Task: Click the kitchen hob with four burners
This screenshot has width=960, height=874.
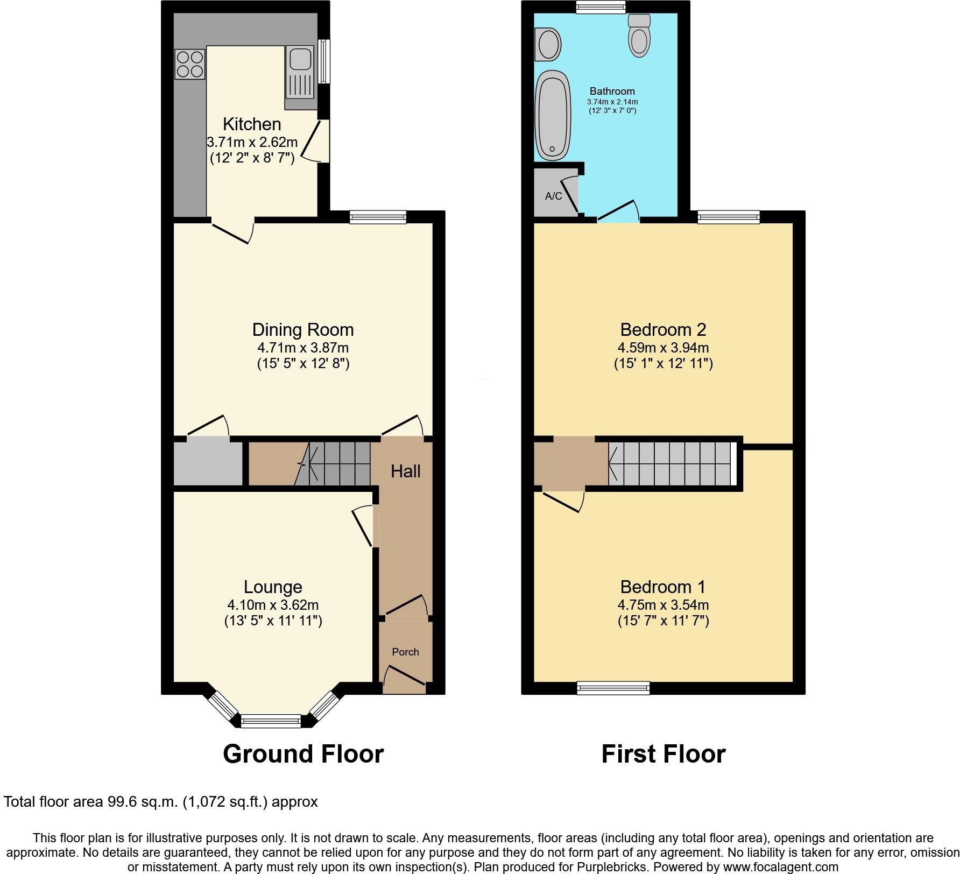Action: click(x=190, y=64)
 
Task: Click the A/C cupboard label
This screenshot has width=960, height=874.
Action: click(x=553, y=196)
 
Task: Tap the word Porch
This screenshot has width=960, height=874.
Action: click(x=405, y=652)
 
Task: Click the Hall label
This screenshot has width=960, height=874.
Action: click(x=405, y=471)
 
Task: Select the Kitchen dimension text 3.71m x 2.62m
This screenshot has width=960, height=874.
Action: click(x=252, y=143)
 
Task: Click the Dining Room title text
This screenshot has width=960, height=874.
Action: click(x=303, y=329)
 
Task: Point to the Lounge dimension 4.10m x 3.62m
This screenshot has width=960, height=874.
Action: click(x=273, y=605)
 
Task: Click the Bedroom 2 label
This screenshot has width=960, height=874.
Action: click(x=663, y=329)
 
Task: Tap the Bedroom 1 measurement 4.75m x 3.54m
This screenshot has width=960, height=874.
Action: click(x=663, y=605)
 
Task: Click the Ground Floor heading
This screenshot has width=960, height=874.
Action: click(x=303, y=754)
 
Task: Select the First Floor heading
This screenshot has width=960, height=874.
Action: click(x=663, y=754)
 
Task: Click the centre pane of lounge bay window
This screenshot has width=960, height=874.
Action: click(x=271, y=721)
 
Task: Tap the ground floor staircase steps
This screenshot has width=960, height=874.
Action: click(x=339, y=464)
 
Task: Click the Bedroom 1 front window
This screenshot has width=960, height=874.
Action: click(x=613, y=687)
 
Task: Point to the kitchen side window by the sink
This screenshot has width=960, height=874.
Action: click(x=323, y=61)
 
